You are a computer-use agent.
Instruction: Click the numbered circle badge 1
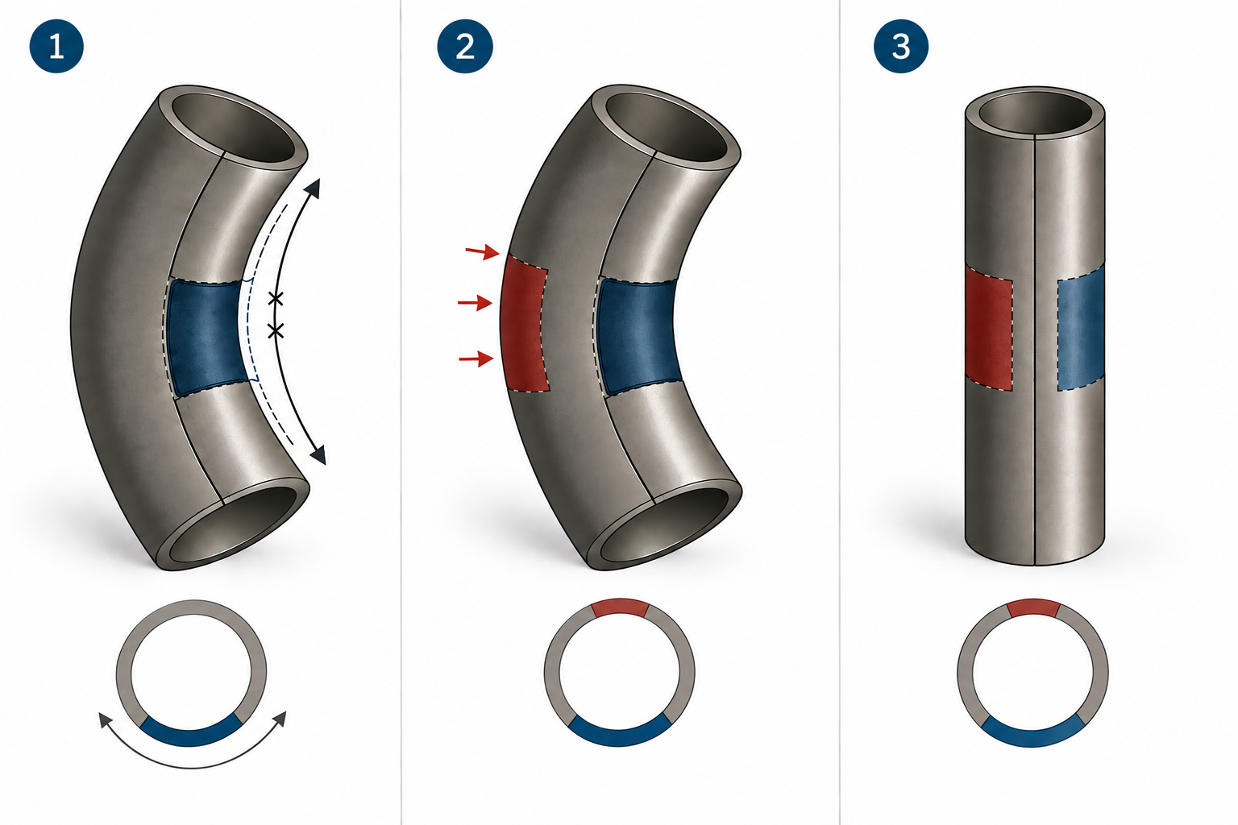[x=56, y=46]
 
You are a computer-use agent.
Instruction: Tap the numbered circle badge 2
[x=465, y=46]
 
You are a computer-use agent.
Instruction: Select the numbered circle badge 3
[x=901, y=46]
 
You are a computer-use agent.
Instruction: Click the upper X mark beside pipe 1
[x=276, y=299]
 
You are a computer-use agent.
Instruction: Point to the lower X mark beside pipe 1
[x=276, y=332]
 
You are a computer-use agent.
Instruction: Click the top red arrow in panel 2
[x=483, y=252]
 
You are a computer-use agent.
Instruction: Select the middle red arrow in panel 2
[x=476, y=303]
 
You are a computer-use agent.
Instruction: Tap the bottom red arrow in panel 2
[x=476, y=359]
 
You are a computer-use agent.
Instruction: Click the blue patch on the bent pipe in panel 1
[x=207, y=336]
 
